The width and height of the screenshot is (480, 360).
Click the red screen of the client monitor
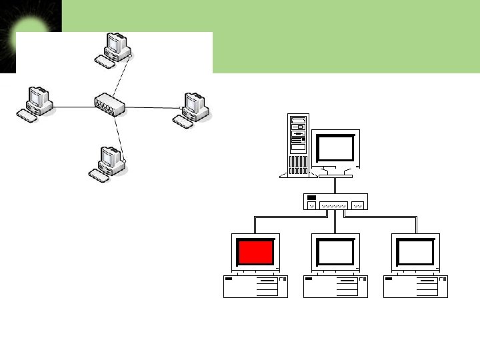coord(256,253)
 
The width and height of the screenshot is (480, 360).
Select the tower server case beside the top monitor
coord(297,145)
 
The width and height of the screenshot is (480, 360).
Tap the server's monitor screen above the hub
coord(335,148)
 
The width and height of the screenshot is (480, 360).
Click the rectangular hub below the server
coord(335,201)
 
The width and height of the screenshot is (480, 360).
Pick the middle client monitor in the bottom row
coord(335,253)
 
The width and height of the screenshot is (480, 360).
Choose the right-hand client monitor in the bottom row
coord(415,253)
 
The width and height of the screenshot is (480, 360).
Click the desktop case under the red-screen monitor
coord(256,286)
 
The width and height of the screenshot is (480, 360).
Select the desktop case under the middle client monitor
coord(335,286)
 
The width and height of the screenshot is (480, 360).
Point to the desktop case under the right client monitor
coord(415,286)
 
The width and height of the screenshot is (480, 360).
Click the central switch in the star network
coord(109,104)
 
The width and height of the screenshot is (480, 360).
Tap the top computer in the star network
coord(113,49)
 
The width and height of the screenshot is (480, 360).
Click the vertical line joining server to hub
coord(335,185)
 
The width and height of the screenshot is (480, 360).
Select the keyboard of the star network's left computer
coord(27,115)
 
